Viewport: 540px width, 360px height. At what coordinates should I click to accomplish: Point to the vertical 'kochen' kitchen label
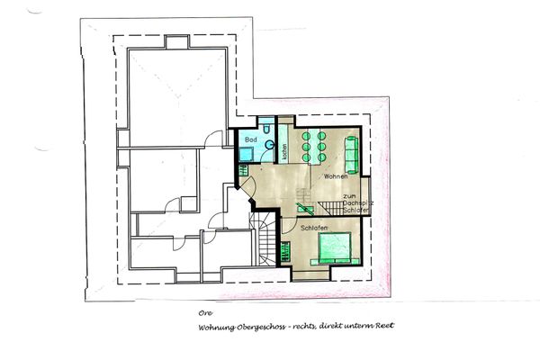(x=284, y=153)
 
